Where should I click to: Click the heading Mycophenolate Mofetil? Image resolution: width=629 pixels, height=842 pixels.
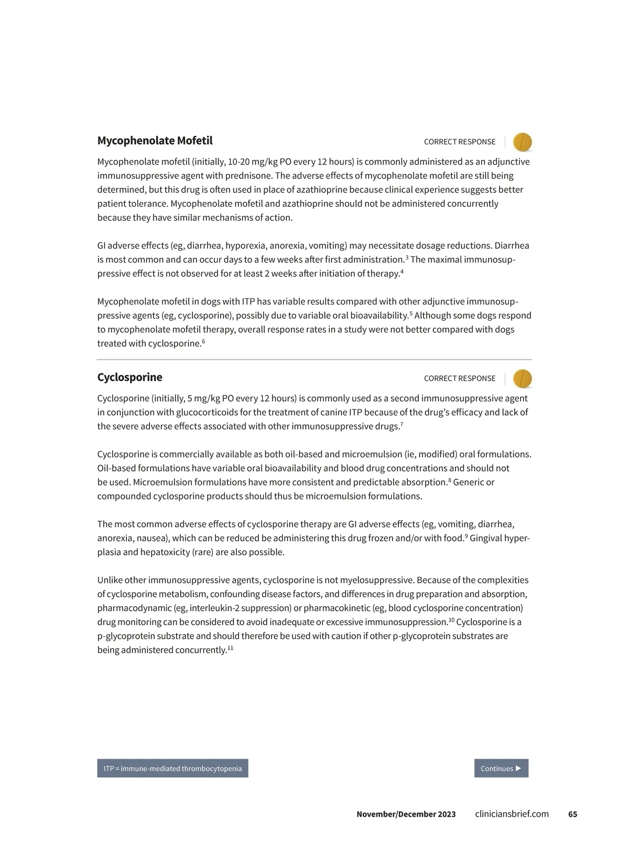155,141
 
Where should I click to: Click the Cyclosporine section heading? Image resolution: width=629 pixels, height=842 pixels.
129,377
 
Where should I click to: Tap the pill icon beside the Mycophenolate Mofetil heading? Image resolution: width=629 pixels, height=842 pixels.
522,142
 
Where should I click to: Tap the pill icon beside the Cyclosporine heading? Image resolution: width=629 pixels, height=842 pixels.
522,379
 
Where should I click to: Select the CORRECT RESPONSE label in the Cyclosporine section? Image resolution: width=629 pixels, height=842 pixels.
459,379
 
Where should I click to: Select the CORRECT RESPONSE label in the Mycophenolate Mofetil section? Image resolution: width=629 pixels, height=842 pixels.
459,142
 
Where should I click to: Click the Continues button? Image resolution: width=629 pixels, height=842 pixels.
501,768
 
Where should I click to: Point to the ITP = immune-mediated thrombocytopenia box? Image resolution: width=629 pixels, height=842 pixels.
172,768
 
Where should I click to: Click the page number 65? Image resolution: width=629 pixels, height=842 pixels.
572,814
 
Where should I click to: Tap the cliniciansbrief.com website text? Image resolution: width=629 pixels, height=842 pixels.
512,814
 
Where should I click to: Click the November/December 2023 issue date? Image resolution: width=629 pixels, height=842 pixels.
406,814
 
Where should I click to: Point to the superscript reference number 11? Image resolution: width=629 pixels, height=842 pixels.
230,647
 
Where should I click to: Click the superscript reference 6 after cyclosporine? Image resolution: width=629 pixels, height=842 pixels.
203,341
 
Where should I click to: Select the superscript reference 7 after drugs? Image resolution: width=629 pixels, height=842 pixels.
402,424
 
